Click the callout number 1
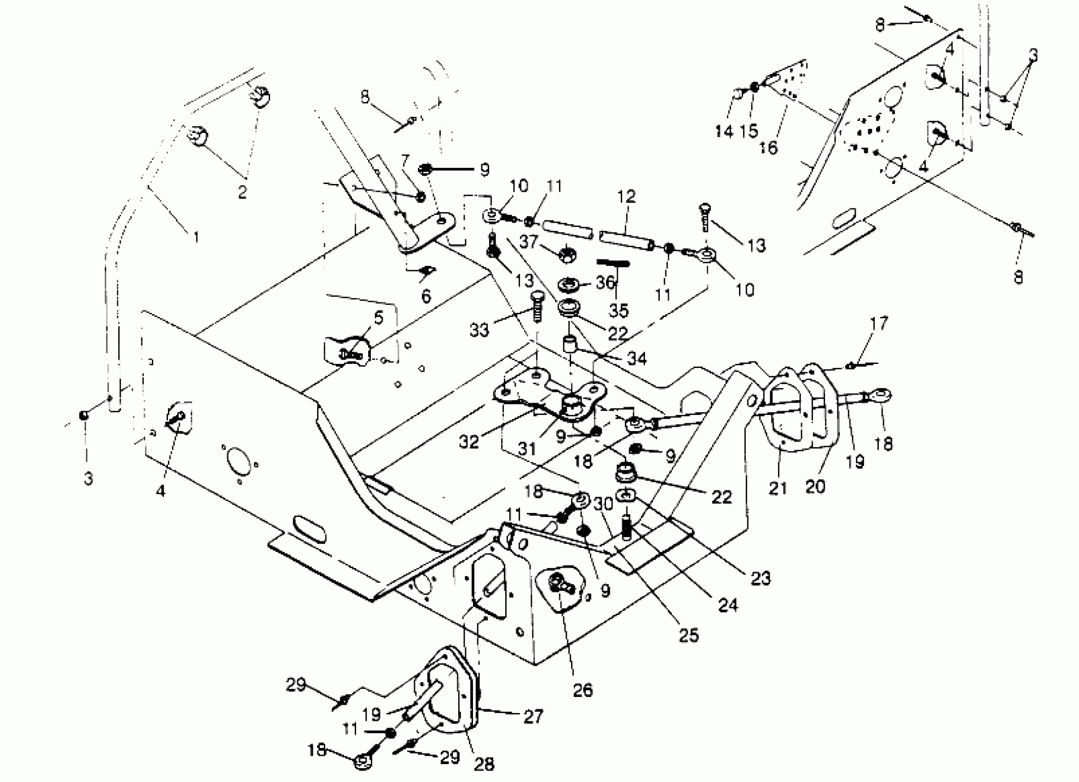(196, 236)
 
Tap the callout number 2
(242, 192)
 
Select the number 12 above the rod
(627, 196)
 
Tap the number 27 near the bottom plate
(533, 716)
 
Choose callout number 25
(688, 635)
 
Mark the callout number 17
(879, 323)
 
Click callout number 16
(768, 148)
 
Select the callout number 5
(379, 318)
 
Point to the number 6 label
(426, 297)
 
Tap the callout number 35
(618, 310)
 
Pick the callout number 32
(468, 442)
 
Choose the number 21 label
(778, 488)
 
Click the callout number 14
(724, 131)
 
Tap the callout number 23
(760, 578)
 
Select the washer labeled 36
(569, 284)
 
